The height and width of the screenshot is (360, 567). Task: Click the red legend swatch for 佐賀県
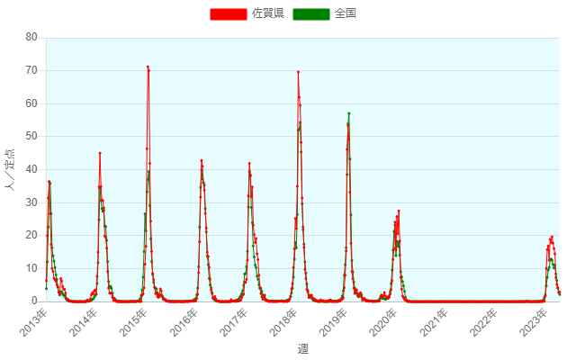click(x=229, y=13)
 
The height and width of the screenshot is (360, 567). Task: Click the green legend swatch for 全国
click(x=312, y=13)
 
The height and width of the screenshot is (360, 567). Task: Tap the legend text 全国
click(x=346, y=13)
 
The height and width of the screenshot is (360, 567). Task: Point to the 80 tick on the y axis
click(x=31, y=37)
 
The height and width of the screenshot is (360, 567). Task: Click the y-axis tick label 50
click(x=31, y=136)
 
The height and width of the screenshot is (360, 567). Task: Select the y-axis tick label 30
click(x=31, y=202)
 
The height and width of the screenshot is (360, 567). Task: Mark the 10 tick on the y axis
click(x=31, y=268)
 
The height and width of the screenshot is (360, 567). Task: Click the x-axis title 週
click(x=302, y=348)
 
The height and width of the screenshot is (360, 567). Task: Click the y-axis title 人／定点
click(x=10, y=169)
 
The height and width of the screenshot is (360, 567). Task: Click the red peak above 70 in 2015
click(x=148, y=67)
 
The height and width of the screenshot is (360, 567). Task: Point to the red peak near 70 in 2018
click(x=298, y=72)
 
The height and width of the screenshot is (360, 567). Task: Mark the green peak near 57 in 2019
click(x=348, y=113)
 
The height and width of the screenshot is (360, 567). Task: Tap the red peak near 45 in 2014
click(x=100, y=153)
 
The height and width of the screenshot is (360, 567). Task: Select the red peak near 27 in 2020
click(x=399, y=211)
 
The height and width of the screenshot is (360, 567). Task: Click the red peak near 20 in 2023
click(x=552, y=237)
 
